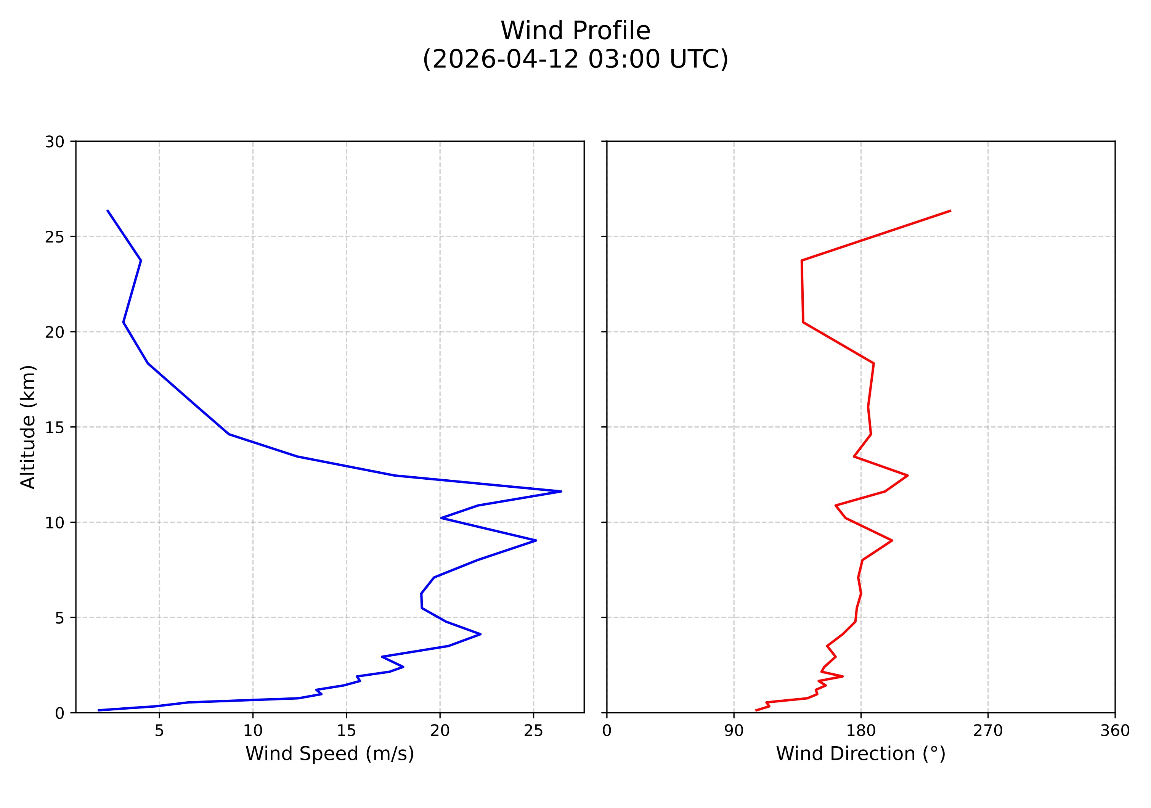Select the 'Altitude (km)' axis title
pyautogui.click(x=28, y=427)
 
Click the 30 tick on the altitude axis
pyautogui.click(x=55, y=142)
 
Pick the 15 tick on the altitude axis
pyautogui.click(x=55, y=427)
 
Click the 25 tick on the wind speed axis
pyautogui.click(x=533, y=731)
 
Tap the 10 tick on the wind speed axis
pyautogui.click(x=253, y=731)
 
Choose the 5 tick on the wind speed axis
pyautogui.click(x=159, y=731)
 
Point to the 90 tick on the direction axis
pyautogui.click(x=734, y=731)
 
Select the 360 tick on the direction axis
pyautogui.click(x=1115, y=731)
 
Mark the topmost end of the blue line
pyautogui.click(x=107, y=210)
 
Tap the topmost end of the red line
pyautogui.click(x=950, y=210)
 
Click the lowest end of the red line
pyautogui.click(x=756, y=710)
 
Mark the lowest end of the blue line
pyautogui.click(x=98, y=710)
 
